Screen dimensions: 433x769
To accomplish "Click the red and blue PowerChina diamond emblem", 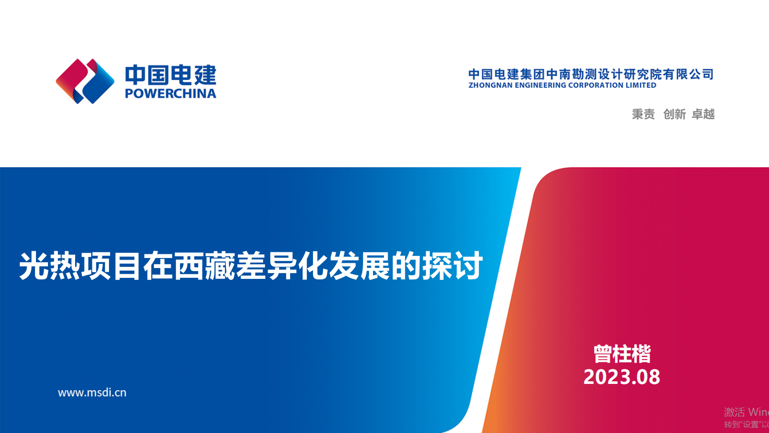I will (85, 81).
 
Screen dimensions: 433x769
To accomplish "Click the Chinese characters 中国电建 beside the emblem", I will (171, 75).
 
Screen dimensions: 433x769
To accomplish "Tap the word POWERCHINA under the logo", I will (171, 94).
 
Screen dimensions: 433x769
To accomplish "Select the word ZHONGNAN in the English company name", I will (490, 85).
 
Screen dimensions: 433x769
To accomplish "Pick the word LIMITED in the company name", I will (641, 85).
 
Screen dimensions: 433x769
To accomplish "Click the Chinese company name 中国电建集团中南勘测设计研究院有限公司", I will (591, 74).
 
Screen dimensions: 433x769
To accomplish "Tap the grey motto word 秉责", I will (643, 114).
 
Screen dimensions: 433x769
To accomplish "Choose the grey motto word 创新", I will (674, 114).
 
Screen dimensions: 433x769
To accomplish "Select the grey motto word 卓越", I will (703, 114).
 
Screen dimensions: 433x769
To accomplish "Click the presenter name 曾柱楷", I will (622, 354).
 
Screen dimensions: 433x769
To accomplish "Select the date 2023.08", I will (622, 377).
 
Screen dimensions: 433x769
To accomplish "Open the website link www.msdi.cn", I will (92, 393).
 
